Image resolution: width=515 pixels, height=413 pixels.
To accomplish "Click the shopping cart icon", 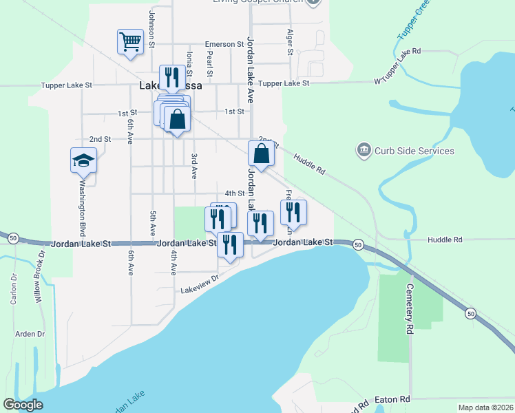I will pyautogui.click(x=129, y=41).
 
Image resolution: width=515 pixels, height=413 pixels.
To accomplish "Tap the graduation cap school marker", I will pyautogui.click(x=83, y=161).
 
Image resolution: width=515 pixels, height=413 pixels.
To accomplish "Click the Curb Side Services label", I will pyautogui.click(x=414, y=151).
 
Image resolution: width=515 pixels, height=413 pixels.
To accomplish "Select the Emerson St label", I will pyautogui.click(x=224, y=45).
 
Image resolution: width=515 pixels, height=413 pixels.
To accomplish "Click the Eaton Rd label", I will pyautogui.click(x=392, y=399).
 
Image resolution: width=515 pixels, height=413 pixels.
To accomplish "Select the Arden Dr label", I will pyautogui.click(x=30, y=334).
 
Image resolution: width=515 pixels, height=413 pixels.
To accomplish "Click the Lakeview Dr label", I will pyautogui.click(x=200, y=285).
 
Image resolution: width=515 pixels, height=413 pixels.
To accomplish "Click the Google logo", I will pyautogui.click(x=23, y=405).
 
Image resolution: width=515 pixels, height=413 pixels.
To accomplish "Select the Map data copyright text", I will pyautogui.click(x=486, y=407).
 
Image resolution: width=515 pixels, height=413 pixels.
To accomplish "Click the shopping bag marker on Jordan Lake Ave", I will pyautogui.click(x=262, y=154).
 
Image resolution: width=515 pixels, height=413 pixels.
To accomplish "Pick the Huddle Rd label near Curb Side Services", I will pyautogui.click(x=309, y=162).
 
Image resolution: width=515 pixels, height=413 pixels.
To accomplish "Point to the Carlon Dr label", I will pyautogui.click(x=13, y=289).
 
